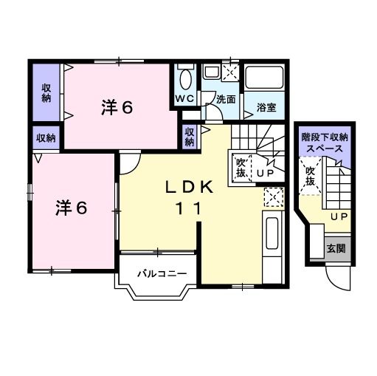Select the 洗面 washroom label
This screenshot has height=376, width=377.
point(226,100)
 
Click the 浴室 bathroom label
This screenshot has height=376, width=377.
point(266,108)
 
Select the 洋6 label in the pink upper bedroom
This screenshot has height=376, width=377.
point(117,108)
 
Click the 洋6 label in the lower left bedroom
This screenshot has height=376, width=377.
point(71,208)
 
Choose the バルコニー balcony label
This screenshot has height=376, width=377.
point(162,273)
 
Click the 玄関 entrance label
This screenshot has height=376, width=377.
point(336,249)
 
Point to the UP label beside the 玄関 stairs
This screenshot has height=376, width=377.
point(338,216)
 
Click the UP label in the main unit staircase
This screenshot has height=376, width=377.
point(266,174)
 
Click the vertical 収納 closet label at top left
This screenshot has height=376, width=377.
point(46,93)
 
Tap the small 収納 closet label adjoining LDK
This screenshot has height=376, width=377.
point(190,137)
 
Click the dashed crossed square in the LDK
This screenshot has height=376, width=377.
point(273,197)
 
